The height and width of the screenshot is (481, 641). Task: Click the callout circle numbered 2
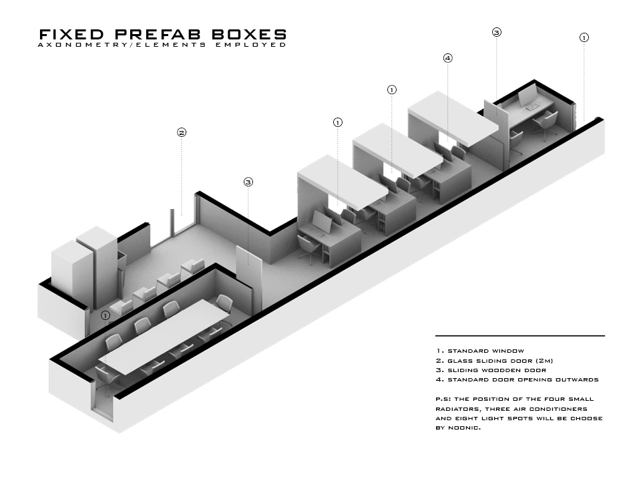coord(181,132)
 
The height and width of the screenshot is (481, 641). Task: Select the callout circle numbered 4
coord(448,58)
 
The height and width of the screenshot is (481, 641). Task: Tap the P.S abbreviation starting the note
coord(441,399)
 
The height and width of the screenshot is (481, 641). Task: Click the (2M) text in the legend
coord(560,361)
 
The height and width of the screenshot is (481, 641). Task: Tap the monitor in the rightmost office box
coord(528,96)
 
